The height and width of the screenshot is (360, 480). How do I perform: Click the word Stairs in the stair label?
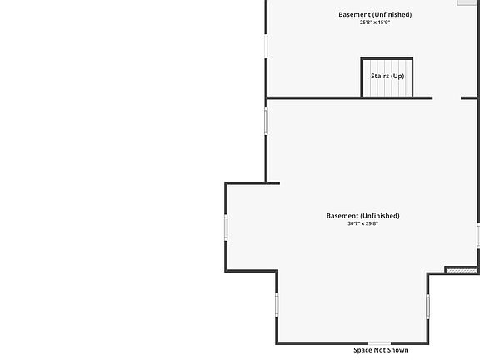tap(380, 76)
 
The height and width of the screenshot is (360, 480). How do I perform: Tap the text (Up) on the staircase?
tap(397, 76)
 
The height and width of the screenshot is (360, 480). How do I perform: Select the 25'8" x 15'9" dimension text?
tap(375, 22)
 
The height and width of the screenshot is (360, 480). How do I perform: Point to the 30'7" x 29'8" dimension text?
tap(362, 223)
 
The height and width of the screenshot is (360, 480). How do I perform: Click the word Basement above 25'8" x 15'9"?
tap(355, 14)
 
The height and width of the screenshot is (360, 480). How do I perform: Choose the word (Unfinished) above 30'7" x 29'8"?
tap(381, 216)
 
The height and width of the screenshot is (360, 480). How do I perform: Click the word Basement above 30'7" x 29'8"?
tap(342, 216)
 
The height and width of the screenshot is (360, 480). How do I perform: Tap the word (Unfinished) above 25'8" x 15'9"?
tap(392, 14)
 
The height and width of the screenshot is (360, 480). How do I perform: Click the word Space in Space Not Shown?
tap(362, 350)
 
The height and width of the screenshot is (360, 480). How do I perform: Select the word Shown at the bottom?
tap(398, 350)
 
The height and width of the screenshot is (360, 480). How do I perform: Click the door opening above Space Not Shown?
tap(380, 343)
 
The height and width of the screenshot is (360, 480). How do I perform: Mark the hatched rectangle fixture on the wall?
tap(462, 270)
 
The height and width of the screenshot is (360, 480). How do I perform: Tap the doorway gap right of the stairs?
tap(447, 98)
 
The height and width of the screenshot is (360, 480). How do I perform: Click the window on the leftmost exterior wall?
tap(226, 227)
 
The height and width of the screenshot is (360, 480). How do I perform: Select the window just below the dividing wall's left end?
tap(266, 121)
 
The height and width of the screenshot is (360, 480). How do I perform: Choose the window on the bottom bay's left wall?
tap(277, 305)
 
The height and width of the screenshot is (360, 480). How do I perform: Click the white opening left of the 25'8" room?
tap(266, 46)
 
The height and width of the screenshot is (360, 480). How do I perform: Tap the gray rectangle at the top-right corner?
tap(467, 2)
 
